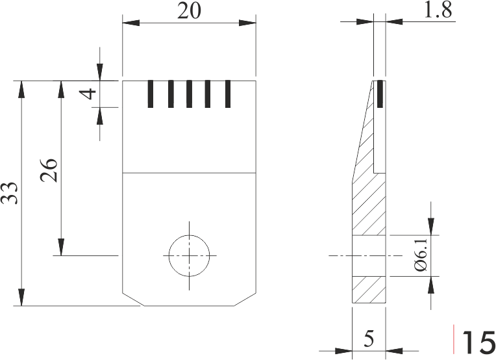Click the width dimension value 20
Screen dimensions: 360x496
[189, 11]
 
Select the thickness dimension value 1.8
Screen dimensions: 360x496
[438, 10]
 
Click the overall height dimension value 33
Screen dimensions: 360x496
[10, 193]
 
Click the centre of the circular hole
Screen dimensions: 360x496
[190, 256]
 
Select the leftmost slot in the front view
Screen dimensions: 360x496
[151, 94]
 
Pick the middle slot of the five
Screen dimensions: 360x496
[189, 94]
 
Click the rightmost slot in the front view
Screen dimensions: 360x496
[228, 94]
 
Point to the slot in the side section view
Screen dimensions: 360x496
[380, 94]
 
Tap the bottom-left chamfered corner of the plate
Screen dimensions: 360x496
[132, 300]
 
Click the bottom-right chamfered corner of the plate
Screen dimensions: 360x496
[245, 300]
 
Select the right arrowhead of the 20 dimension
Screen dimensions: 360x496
[247, 23]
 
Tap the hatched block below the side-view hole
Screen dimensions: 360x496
[369, 290]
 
